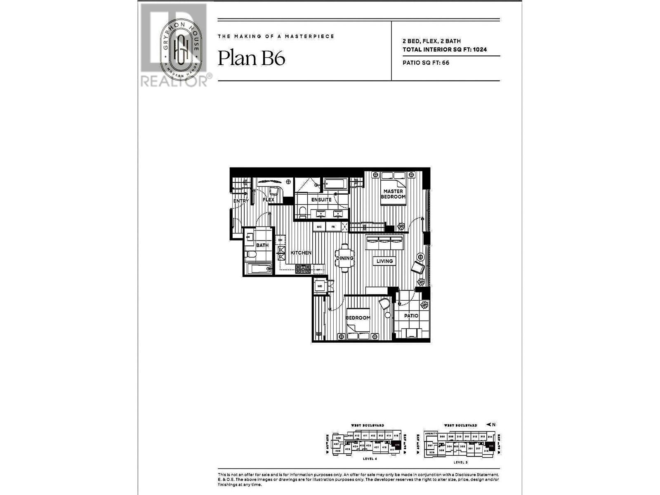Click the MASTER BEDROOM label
click(393, 194)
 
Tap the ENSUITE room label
click(321, 200)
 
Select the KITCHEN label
click(301, 253)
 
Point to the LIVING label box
click(384, 261)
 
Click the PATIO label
click(411, 316)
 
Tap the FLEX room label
click(269, 200)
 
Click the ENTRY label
click(241, 201)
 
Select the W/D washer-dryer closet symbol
click(320, 286)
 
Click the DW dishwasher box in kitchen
click(280, 240)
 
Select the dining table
click(344, 258)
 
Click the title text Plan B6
click(251, 58)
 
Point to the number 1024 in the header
click(480, 49)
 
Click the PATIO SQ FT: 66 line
click(426, 63)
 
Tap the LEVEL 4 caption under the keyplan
click(369, 459)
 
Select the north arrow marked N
click(491, 424)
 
